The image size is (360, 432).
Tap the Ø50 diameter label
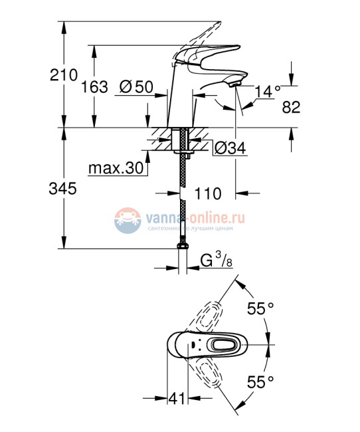[136, 87]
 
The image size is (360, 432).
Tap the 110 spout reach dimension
[208, 194]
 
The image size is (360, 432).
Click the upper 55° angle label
[260, 309]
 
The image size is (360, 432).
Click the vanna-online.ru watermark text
[199, 217]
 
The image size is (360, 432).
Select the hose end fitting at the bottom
[182, 247]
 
